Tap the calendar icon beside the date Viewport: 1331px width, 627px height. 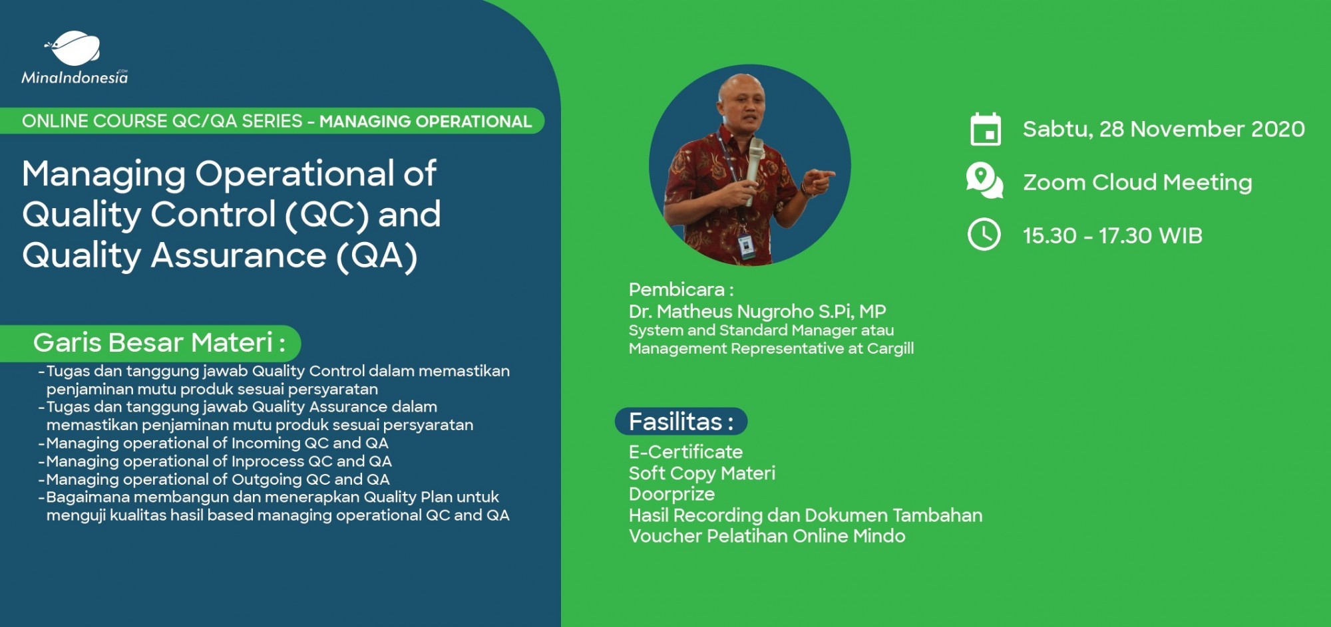click(985, 129)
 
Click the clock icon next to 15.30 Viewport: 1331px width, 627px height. click(984, 235)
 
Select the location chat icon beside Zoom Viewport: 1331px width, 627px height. click(984, 180)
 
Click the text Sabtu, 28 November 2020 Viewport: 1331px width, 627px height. click(1163, 129)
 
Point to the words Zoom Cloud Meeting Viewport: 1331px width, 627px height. click(1137, 182)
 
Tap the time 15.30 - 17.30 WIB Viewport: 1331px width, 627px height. click(1112, 235)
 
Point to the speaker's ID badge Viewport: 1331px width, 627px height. click(746, 245)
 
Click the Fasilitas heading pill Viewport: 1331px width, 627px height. click(681, 422)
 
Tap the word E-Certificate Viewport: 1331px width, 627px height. click(685, 452)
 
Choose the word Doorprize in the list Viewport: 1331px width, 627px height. click(671, 494)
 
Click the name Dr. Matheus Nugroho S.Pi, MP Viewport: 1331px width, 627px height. click(757, 311)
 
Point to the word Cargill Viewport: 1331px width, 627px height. click(890, 348)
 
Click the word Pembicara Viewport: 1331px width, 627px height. click(677, 290)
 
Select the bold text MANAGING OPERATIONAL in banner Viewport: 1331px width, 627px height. click(425, 122)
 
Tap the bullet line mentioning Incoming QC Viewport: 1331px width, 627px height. click(216, 443)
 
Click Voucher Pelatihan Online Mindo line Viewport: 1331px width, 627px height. click(767, 536)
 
